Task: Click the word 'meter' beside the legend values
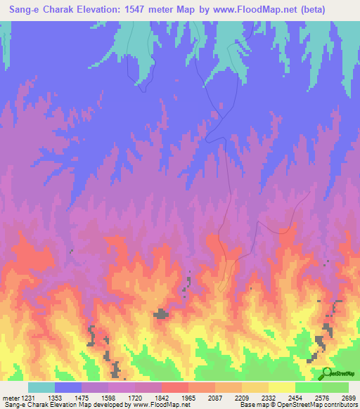(11, 397)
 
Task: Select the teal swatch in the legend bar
(41, 387)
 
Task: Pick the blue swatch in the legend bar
(68, 387)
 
